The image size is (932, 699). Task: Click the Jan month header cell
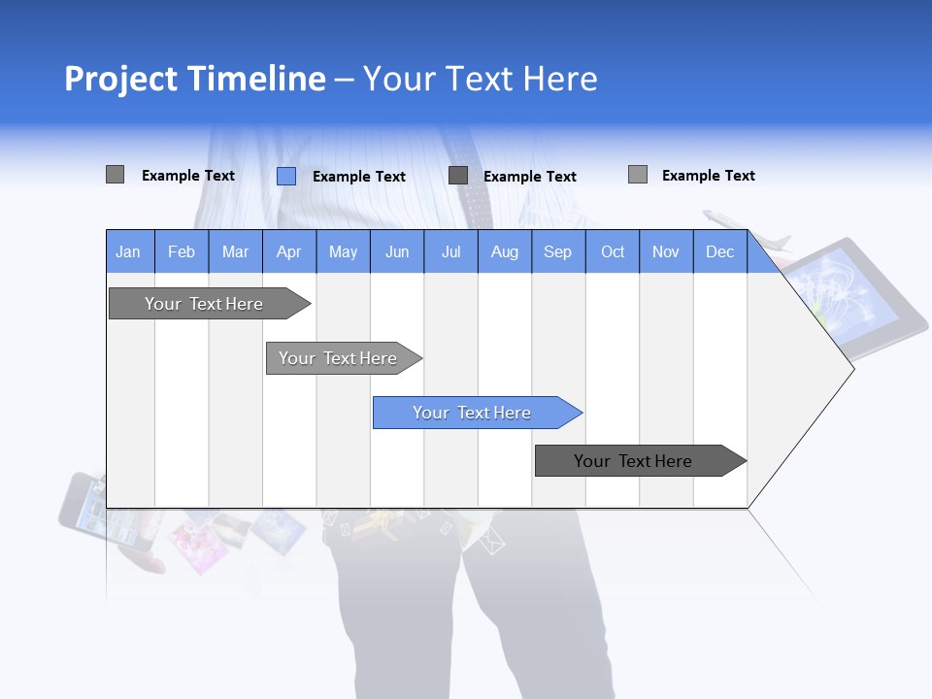click(129, 251)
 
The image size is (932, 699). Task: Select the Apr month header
click(289, 251)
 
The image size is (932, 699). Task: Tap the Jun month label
click(397, 251)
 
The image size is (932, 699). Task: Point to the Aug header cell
click(505, 251)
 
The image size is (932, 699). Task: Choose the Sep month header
click(558, 251)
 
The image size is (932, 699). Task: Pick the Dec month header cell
click(719, 251)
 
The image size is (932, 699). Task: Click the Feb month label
click(182, 251)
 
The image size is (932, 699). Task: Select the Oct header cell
click(613, 251)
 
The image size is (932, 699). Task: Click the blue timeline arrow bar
click(476, 413)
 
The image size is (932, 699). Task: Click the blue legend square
click(286, 176)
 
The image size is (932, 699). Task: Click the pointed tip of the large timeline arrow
click(849, 368)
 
